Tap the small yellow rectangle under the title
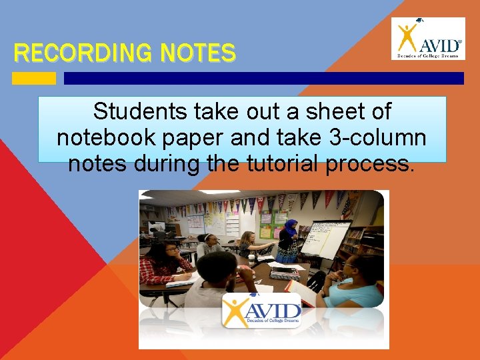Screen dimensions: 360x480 coord(34,79)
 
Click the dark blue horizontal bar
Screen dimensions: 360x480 coord(263,79)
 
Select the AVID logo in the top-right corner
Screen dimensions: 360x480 coord(428,39)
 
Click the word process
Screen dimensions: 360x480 coord(370,163)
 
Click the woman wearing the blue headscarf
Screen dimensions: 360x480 coord(289,241)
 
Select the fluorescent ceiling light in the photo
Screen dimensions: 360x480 coord(220,193)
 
